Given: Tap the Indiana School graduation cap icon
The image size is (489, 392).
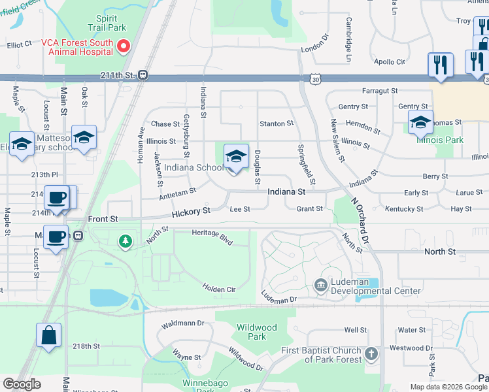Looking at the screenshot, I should (236, 156).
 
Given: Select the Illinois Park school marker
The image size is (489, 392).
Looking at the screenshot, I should (420, 122).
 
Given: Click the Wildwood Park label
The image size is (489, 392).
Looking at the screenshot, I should (258, 332).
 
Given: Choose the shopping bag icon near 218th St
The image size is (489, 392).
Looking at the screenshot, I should (48, 336).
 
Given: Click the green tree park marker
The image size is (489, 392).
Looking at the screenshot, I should (126, 242).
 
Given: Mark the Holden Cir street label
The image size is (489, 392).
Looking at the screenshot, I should (218, 286).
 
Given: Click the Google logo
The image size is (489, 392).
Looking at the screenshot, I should (22, 384).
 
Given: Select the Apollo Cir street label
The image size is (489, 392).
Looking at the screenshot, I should (391, 62).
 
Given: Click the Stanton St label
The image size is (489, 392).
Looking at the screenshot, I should (277, 123).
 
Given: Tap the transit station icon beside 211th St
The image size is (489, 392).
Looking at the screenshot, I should (143, 75).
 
